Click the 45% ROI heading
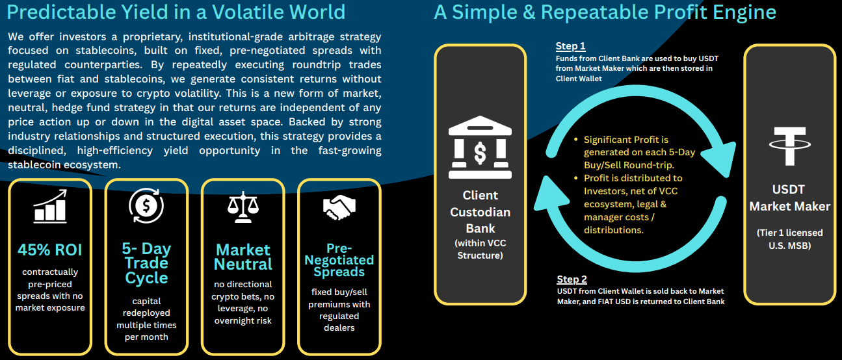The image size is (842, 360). coord(50,250)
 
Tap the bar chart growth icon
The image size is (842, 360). coord(50,206)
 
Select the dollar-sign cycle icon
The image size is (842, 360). coord(146,205)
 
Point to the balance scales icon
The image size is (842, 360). coord(243,207)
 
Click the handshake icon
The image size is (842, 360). coord(339,207)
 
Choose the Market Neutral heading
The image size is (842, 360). coord(243,257)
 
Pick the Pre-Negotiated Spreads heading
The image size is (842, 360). coord(339,260)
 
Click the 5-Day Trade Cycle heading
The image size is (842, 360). coord(146,263)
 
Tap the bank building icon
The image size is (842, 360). coord(480,147)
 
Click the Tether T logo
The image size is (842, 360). coord(790,146)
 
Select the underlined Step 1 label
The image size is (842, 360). coord(570,46)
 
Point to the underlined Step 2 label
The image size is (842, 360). coord(572,279)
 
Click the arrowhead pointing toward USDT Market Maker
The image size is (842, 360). coord(718,160)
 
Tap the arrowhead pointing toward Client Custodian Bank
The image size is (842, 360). coord(551,193)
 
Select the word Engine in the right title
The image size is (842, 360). coord(744,12)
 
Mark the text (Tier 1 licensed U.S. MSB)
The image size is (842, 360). coord(790,239)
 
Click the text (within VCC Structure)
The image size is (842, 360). coord(480,249)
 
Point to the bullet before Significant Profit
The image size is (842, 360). coord(576,140)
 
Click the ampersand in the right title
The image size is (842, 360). coord(529,12)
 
